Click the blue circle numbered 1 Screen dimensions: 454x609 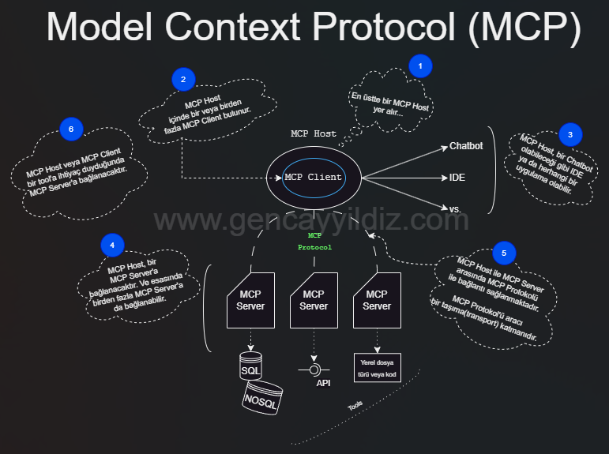click(x=421, y=66)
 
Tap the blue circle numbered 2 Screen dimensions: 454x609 click(x=183, y=79)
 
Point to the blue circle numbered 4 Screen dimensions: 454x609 click(x=113, y=246)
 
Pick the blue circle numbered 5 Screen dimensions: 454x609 click(x=504, y=253)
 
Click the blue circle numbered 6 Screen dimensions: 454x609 click(x=71, y=129)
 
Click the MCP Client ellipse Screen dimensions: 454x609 click(x=314, y=177)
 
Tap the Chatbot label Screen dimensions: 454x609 click(x=466, y=146)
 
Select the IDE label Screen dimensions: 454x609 click(x=457, y=178)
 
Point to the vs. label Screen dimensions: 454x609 click(x=455, y=208)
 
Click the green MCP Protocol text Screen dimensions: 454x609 click(x=314, y=241)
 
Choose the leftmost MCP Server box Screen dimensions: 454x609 click(x=250, y=300)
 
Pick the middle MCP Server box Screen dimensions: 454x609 click(x=314, y=300)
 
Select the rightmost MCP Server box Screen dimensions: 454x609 click(x=377, y=300)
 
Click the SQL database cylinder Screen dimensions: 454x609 click(x=252, y=367)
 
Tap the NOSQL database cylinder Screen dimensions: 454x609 click(x=264, y=396)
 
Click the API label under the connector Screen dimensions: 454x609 click(x=323, y=383)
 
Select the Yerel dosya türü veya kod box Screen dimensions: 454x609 click(x=377, y=369)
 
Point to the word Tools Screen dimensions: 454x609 click(x=355, y=406)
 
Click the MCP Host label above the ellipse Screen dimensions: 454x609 click(x=314, y=133)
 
